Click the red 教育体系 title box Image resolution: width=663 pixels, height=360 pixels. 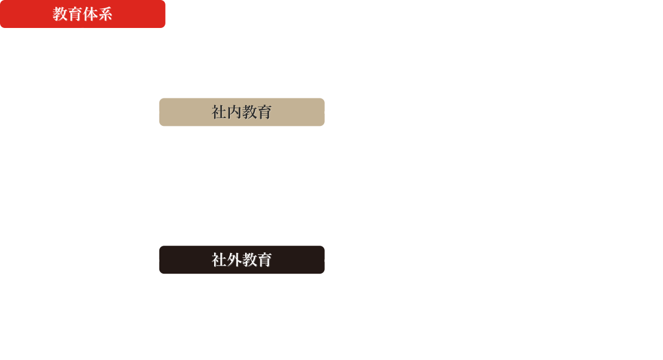coord(83,14)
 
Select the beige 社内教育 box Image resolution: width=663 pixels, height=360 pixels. coord(241,112)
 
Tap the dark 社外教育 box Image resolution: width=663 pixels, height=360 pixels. coord(241,260)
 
